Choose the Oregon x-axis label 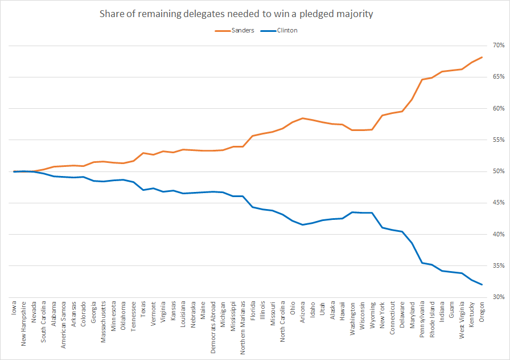[x=482, y=314]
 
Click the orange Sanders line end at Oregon [x=482, y=57]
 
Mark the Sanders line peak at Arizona [x=303, y=118]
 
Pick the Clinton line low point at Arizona [x=303, y=224]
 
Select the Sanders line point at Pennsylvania [x=422, y=79]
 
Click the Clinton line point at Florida [x=253, y=207]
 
